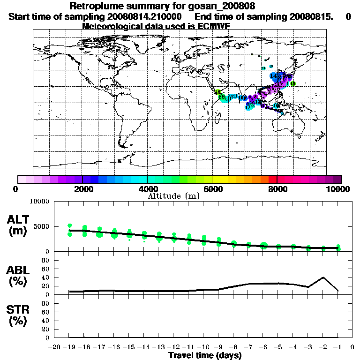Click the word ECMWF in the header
[x=214, y=26]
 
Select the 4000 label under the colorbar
[x=147, y=189]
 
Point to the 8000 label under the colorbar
[x=277, y=189]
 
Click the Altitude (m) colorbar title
[x=173, y=196]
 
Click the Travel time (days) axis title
[x=205, y=355]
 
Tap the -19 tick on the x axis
[x=69, y=347]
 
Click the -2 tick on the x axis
[x=323, y=347]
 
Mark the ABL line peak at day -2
[x=323, y=277]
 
